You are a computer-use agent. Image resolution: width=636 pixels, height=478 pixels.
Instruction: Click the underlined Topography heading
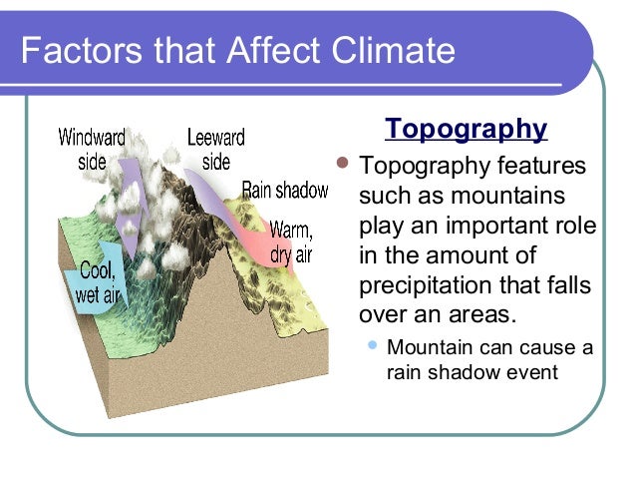(466, 130)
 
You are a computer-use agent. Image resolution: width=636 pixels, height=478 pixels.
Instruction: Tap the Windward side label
(92, 149)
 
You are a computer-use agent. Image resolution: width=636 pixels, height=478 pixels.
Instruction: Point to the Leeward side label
(215, 149)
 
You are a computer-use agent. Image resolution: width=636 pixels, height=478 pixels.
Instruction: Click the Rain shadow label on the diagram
(285, 190)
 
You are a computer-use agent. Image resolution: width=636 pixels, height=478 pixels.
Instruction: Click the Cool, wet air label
(97, 282)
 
